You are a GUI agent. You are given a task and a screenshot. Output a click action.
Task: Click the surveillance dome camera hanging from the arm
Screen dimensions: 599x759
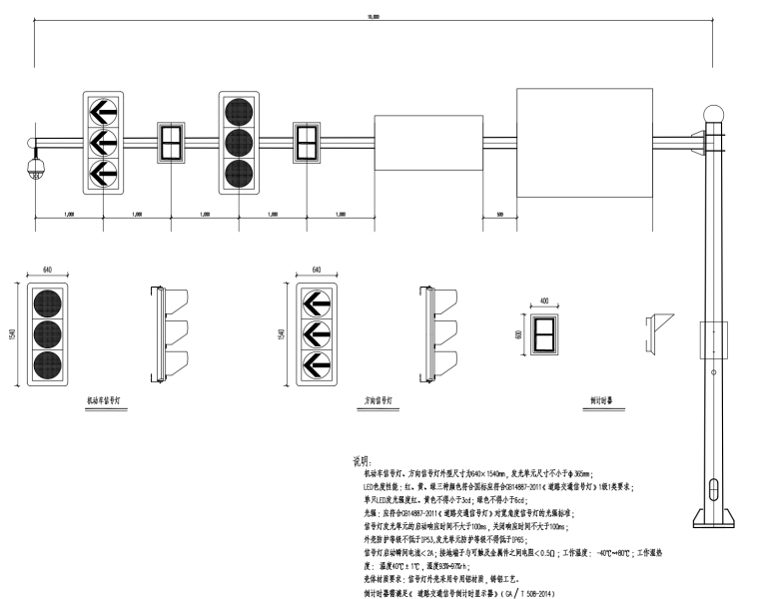tap(37, 166)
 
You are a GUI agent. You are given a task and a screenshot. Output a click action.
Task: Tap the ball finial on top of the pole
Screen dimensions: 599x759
tap(712, 114)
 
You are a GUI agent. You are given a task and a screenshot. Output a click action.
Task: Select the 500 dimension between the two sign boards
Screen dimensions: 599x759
tap(498, 214)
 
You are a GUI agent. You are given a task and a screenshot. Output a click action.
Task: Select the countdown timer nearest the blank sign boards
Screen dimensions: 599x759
tap(307, 143)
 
